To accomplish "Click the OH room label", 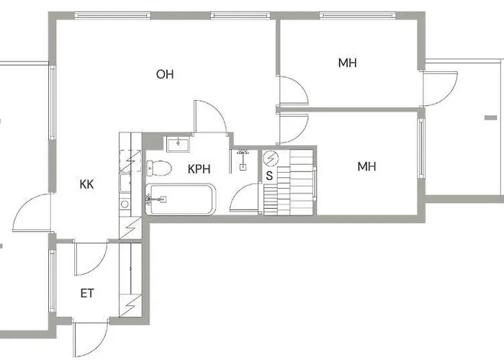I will (x=165, y=74).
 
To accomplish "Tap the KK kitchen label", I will (x=87, y=184).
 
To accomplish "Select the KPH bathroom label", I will (x=199, y=170).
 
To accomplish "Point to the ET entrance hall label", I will (x=87, y=294).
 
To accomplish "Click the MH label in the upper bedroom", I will (x=348, y=63).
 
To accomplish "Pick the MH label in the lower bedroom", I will (x=367, y=167).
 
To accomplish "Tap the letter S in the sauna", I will (x=269, y=175).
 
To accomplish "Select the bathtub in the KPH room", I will (x=180, y=199).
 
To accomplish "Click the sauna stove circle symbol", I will (x=271, y=158).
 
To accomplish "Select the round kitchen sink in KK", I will (x=125, y=204).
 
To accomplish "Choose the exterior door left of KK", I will (x=32, y=212).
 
